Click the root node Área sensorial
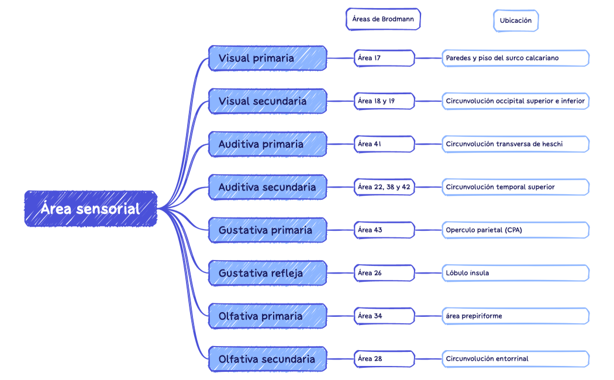91,209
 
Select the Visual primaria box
267,58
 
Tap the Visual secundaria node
267,101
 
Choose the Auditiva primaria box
267,144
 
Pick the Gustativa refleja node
267,273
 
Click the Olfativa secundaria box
267,359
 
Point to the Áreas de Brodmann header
383,19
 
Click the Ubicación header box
515,20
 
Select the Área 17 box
384,58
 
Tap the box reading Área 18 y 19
384,101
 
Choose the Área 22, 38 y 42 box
384,187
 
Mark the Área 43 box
384,230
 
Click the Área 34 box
384,316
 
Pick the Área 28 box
384,358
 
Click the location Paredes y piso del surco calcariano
515,58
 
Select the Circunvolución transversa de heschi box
515,144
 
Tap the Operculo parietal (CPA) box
515,230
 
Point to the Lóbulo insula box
515,273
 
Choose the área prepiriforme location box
515,316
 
